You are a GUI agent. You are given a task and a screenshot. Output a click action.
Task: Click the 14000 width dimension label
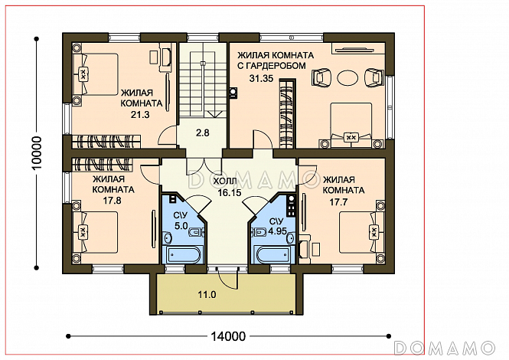[228, 336]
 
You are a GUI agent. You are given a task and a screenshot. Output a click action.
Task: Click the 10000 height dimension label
[38, 152]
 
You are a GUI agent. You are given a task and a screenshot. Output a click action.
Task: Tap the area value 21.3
[140, 114]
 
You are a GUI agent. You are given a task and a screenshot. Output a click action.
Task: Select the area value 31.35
[261, 78]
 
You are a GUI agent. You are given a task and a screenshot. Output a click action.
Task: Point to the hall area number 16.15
[230, 193]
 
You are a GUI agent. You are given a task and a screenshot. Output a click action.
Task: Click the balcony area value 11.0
[207, 295]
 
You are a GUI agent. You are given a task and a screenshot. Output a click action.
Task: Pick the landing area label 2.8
[203, 133]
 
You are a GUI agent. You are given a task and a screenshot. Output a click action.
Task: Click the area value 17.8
[113, 201]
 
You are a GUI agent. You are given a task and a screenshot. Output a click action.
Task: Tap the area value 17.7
[338, 202]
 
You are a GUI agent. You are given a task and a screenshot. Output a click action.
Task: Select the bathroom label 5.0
[181, 225]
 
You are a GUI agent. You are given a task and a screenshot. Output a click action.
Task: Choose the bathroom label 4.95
[278, 231]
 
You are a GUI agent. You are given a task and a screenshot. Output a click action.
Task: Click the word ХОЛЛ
[225, 182]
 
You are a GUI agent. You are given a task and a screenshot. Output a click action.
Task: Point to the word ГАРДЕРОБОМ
[272, 66]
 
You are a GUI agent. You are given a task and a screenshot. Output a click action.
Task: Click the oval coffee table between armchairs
[347, 78]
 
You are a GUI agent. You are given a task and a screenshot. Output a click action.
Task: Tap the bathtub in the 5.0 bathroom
[182, 255]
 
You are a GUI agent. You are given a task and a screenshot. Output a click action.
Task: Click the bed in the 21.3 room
[95, 74]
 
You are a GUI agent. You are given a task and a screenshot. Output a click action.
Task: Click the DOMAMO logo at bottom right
[445, 348]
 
